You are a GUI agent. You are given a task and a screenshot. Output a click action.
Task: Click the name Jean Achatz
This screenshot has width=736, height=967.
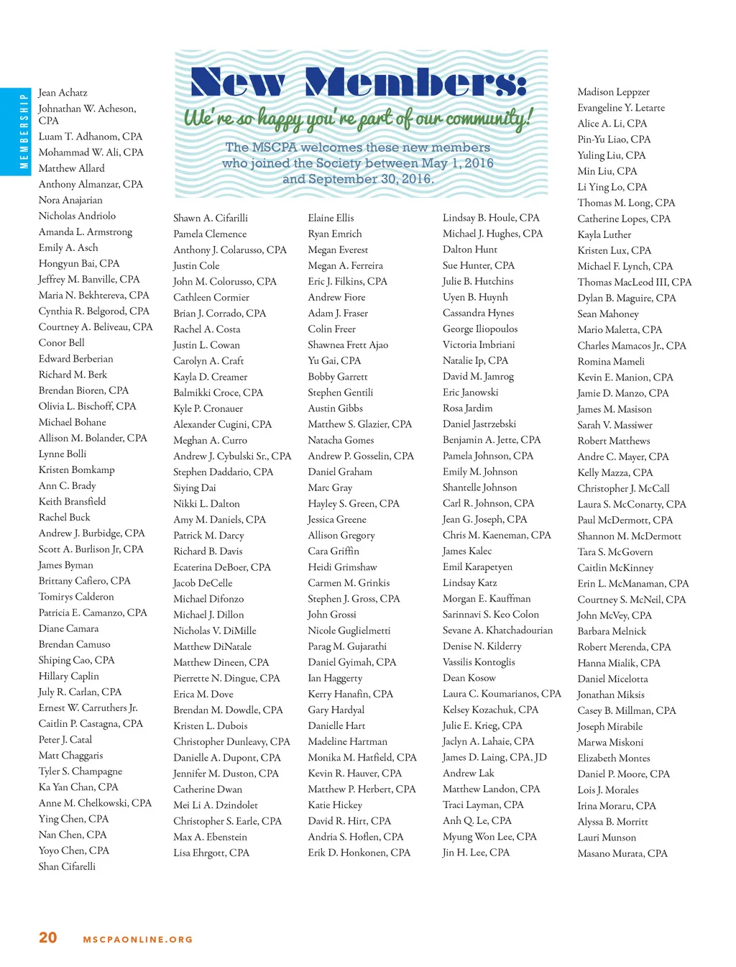(63, 93)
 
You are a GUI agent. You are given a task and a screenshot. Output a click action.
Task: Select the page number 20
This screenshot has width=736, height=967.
(48, 938)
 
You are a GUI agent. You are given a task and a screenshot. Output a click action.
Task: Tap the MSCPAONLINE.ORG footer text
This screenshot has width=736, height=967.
(138, 939)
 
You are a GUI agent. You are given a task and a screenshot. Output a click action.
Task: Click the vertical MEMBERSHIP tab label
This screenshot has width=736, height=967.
(24, 131)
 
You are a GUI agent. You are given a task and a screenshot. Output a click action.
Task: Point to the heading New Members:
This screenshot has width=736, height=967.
(359, 83)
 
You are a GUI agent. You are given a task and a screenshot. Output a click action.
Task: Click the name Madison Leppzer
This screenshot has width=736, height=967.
(613, 92)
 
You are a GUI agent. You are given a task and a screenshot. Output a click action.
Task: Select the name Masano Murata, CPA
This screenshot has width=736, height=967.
(622, 853)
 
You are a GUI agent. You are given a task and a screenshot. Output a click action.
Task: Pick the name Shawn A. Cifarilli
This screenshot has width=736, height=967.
(211, 218)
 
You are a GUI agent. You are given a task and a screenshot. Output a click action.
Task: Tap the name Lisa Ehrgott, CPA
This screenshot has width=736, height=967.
(211, 853)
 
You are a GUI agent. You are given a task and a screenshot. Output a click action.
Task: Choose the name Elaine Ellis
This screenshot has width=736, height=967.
(331, 218)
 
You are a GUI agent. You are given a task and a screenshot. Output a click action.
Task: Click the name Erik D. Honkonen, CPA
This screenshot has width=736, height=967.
(359, 853)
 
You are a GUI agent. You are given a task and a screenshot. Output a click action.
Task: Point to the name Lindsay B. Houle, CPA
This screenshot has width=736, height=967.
(491, 218)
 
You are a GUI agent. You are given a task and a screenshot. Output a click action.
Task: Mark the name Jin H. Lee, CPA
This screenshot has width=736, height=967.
(476, 853)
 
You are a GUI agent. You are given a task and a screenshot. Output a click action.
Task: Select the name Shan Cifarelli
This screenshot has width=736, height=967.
(67, 866)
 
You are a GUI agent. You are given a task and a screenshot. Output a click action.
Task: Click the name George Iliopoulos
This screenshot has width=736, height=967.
(480, 329)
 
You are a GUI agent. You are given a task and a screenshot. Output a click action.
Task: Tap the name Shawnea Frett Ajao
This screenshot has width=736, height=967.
(348, 345)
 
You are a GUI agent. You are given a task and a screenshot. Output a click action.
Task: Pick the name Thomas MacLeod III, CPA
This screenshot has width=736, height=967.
(634, 283)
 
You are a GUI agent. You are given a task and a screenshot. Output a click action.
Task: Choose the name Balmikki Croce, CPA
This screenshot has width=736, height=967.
(218, 393)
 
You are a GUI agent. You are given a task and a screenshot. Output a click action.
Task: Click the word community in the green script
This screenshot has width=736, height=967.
(488, 117)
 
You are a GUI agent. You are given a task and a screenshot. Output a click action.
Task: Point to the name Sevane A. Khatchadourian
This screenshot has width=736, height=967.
(497, 631)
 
